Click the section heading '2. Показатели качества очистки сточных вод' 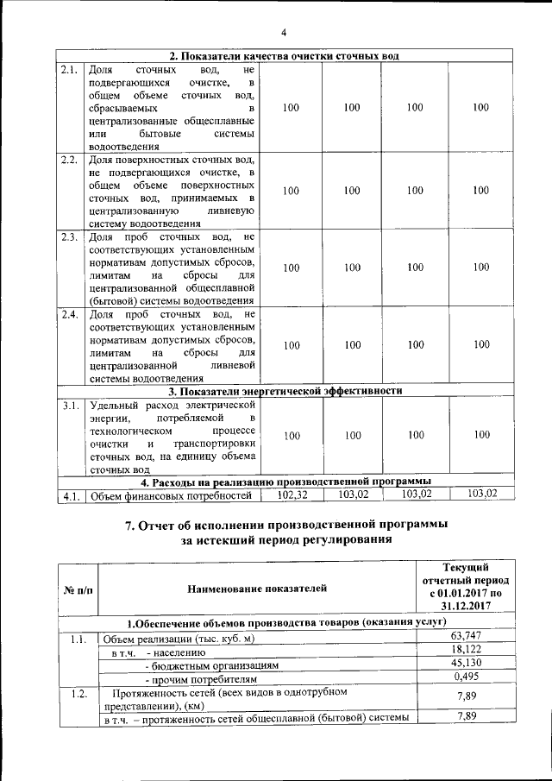(x=284, y=56)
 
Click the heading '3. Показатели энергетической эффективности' (x=285, y=391)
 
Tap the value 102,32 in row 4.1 (x=292, y=494)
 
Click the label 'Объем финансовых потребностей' (x=171, y=495)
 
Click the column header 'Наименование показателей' (x=257, y=589)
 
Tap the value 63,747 (x=465, y=636)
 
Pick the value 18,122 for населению (x=465, y=650)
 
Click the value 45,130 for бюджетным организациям (x=465, y=664)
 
